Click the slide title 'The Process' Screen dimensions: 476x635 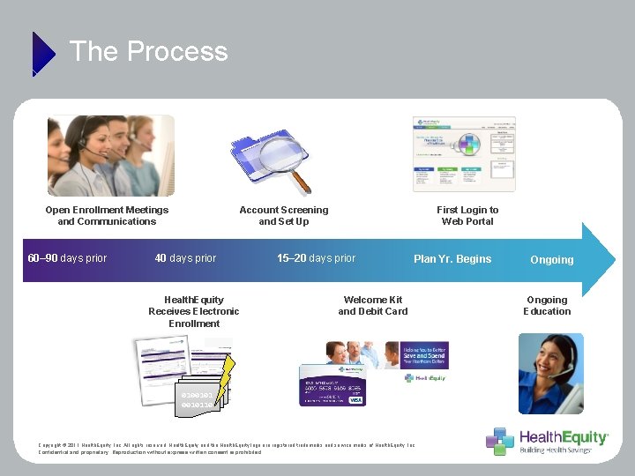(148, 51)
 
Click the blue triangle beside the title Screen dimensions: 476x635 (42, 54)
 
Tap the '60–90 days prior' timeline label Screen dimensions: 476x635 (67, 258)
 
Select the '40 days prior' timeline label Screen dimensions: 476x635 (185, 258)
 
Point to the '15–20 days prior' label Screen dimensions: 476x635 (316, 258)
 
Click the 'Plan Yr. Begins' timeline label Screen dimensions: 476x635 (452, 258)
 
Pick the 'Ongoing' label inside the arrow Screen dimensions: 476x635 (551, 260)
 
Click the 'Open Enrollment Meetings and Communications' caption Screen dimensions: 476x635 (107, 215)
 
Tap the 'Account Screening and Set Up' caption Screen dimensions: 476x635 (283, 215)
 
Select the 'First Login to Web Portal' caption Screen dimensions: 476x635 (467, 215)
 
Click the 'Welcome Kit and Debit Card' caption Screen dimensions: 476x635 (372, 305)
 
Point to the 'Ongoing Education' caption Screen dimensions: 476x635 (547, 305)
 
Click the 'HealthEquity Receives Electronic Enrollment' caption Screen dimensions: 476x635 (194, 311)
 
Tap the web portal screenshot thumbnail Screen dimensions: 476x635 (464, 154)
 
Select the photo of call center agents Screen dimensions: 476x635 (111, 155)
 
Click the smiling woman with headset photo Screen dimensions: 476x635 (550, 373)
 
